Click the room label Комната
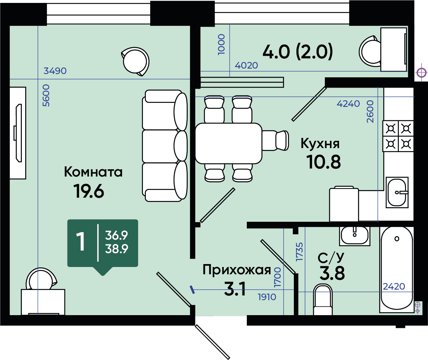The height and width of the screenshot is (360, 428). tap(93, 172)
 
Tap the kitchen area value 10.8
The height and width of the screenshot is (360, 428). tap(323, 162)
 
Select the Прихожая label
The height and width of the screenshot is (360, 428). tap(237, 270)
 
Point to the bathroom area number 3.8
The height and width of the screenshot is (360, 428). tap(332, 273)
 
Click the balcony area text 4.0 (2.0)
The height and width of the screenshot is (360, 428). tap(298, 51)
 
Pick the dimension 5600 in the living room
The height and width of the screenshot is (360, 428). tap(46, 95)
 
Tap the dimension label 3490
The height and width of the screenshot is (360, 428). tap(55, 71)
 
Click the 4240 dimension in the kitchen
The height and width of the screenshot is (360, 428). tap(348, 104)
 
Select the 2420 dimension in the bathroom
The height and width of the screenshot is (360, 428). tap(394, 286)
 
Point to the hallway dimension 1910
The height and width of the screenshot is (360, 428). tap(267, 297)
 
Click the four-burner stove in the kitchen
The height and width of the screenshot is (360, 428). tap(398, 136)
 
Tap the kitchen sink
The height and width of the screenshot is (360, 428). tap(397, 192)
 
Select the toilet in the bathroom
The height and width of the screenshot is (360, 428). tap(323, 300)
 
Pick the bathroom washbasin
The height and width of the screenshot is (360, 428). tap(355, 236)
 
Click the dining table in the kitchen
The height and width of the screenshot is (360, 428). tap(229, 143)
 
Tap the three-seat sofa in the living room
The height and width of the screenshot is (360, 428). tap(165, 146)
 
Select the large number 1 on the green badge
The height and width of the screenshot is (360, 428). tap(81, 241)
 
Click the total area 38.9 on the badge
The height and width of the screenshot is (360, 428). tap(117, 249)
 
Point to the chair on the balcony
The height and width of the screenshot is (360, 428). tap(370, 51)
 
